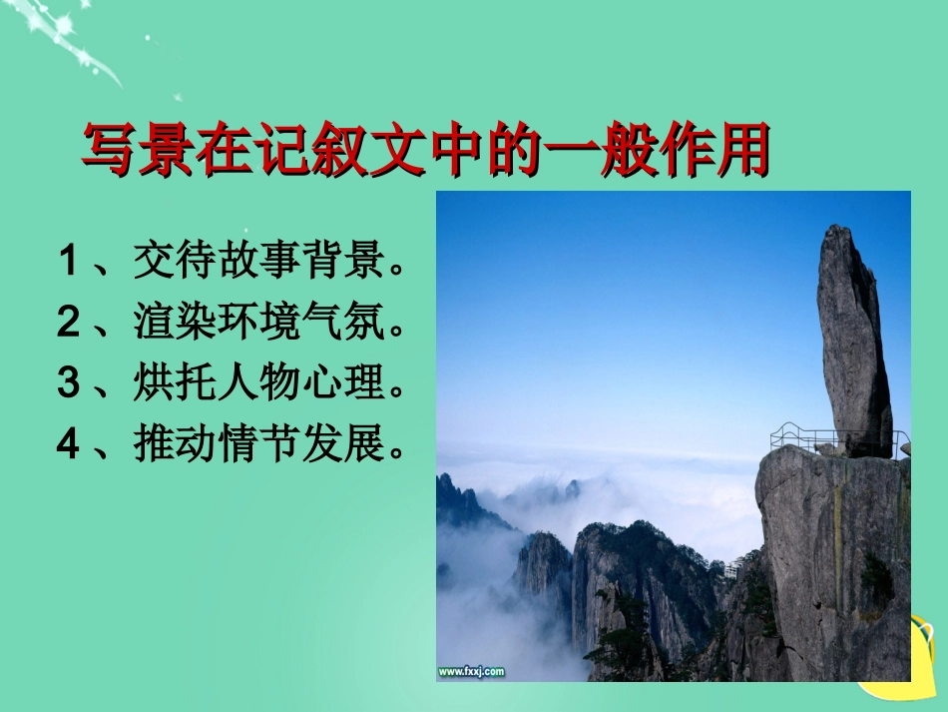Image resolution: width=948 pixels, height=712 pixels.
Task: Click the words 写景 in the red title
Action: point(138,152)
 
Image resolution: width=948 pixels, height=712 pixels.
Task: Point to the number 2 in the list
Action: point(68,323)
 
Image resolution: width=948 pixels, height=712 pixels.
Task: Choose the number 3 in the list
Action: point(68,383)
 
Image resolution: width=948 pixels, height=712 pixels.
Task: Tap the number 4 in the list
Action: point(68,444)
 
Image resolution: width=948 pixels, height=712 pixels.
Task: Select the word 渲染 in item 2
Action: point(165,323)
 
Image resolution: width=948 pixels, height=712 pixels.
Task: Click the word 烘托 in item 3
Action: point(165,383)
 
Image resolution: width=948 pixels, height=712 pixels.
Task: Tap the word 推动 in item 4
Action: point(165,444)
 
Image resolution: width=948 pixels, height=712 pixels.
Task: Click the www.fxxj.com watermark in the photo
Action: point(471,671)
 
